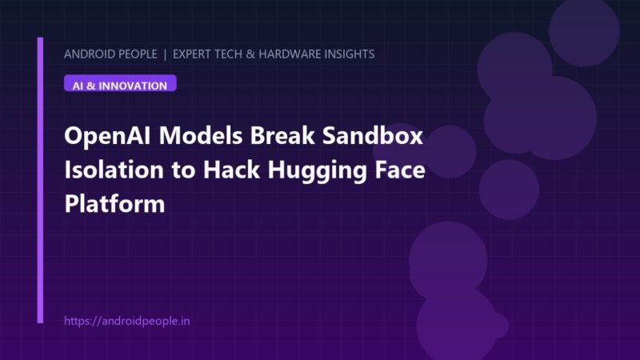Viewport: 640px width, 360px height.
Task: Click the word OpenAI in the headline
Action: [x=108, y=136]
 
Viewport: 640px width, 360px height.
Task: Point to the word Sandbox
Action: [x=373, y=135]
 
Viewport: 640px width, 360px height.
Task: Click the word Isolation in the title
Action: [x=114, y=170]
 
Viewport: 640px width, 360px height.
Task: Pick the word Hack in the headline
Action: [x=231, y=170]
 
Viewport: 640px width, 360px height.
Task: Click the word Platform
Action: [x=114, y=203]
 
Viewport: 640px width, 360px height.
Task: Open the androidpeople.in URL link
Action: [x=127, y=322]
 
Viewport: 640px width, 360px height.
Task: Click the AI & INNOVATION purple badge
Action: [x=120, y=83]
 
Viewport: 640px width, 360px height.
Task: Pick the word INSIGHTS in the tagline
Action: [x=350, y=54]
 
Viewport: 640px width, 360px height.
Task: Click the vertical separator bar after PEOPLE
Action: [x=165, y=54]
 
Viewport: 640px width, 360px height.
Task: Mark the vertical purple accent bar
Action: [x=40, y=181]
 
